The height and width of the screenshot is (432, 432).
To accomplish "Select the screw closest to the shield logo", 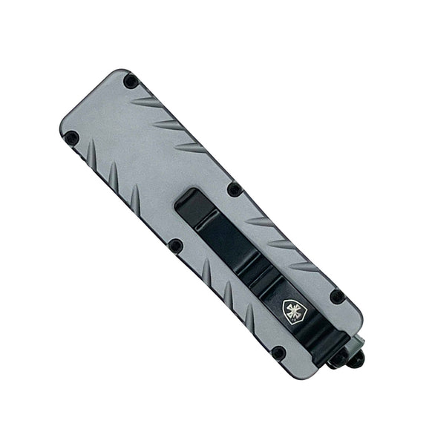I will pos(336,296).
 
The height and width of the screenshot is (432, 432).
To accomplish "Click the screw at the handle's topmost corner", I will pos(131,82).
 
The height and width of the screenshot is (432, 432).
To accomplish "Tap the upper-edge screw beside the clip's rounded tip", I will pos(234,189).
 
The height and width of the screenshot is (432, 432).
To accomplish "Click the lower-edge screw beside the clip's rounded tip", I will pos(176,246).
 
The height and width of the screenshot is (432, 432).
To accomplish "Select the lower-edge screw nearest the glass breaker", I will pos(278,353).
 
